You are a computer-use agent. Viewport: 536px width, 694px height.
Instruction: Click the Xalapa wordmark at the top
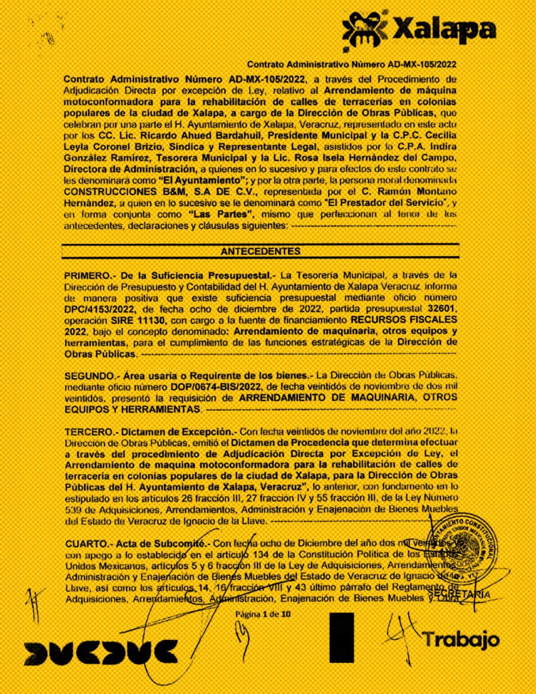445,30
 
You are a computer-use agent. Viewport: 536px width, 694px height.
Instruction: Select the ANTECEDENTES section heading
260,251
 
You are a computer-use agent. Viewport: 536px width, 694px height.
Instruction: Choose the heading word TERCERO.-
91,432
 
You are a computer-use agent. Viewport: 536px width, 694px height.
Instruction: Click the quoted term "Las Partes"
218,213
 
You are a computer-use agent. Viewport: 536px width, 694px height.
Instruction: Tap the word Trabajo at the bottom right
461,639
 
